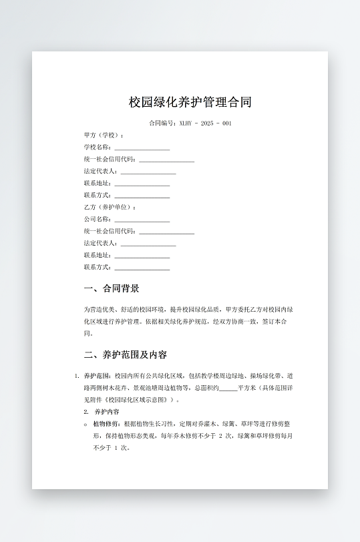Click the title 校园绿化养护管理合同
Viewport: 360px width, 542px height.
coord(190,102)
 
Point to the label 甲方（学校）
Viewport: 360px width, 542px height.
coord(104,135)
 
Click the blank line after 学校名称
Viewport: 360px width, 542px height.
coord(142,148)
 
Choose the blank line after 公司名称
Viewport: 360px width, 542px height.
coord(142,220)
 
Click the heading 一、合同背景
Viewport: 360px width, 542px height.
coord(112,289)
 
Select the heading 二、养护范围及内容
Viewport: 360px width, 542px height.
coord(126,354)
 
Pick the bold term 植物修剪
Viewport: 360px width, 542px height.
coord(106,424)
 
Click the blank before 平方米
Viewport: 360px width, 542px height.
coord(228,388)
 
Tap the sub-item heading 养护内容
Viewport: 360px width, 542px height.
coord(107,412)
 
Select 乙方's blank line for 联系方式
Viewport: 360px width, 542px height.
coord(142,268)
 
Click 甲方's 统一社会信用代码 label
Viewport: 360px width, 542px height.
coord(110,160)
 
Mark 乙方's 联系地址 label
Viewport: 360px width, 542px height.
coord(98,256)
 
